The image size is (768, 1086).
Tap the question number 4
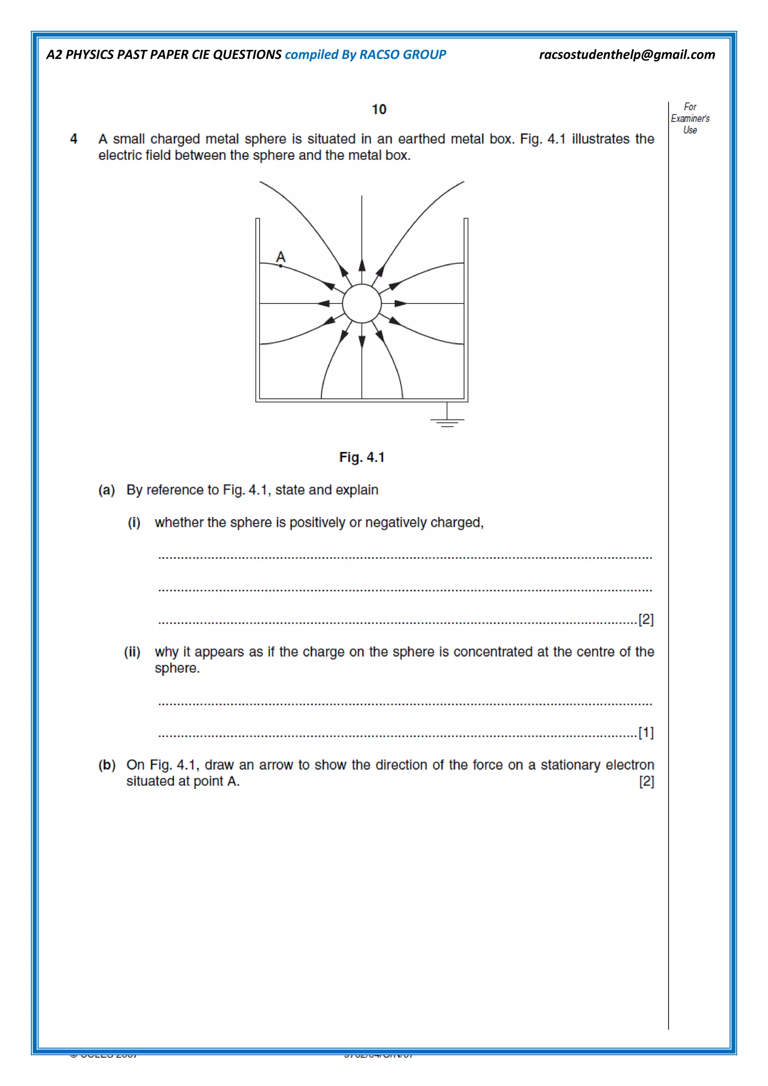(x=74, y=139)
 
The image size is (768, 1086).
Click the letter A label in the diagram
(x=280, y=257)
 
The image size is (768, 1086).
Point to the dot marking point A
(x=280, y=266)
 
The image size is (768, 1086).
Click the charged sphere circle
(x=362, y=304)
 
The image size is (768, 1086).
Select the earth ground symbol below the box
(x=447, y=420)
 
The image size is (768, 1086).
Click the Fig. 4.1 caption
(x=362, y=457)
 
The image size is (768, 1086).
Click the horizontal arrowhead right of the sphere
(x=400, y=304)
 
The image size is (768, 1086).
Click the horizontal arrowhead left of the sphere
(x=324, y=304)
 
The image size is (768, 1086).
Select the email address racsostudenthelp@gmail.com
(x=627, y=55)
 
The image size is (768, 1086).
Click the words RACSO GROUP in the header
(x=402, y=55)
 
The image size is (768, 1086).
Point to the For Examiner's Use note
(x=690, y=118)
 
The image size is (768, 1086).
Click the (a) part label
(x=107, y=490)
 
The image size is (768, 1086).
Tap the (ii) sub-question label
(x=132, y=652)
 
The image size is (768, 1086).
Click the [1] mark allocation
(x=646, y=733)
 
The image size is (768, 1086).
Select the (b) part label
(x=107, y=765)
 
